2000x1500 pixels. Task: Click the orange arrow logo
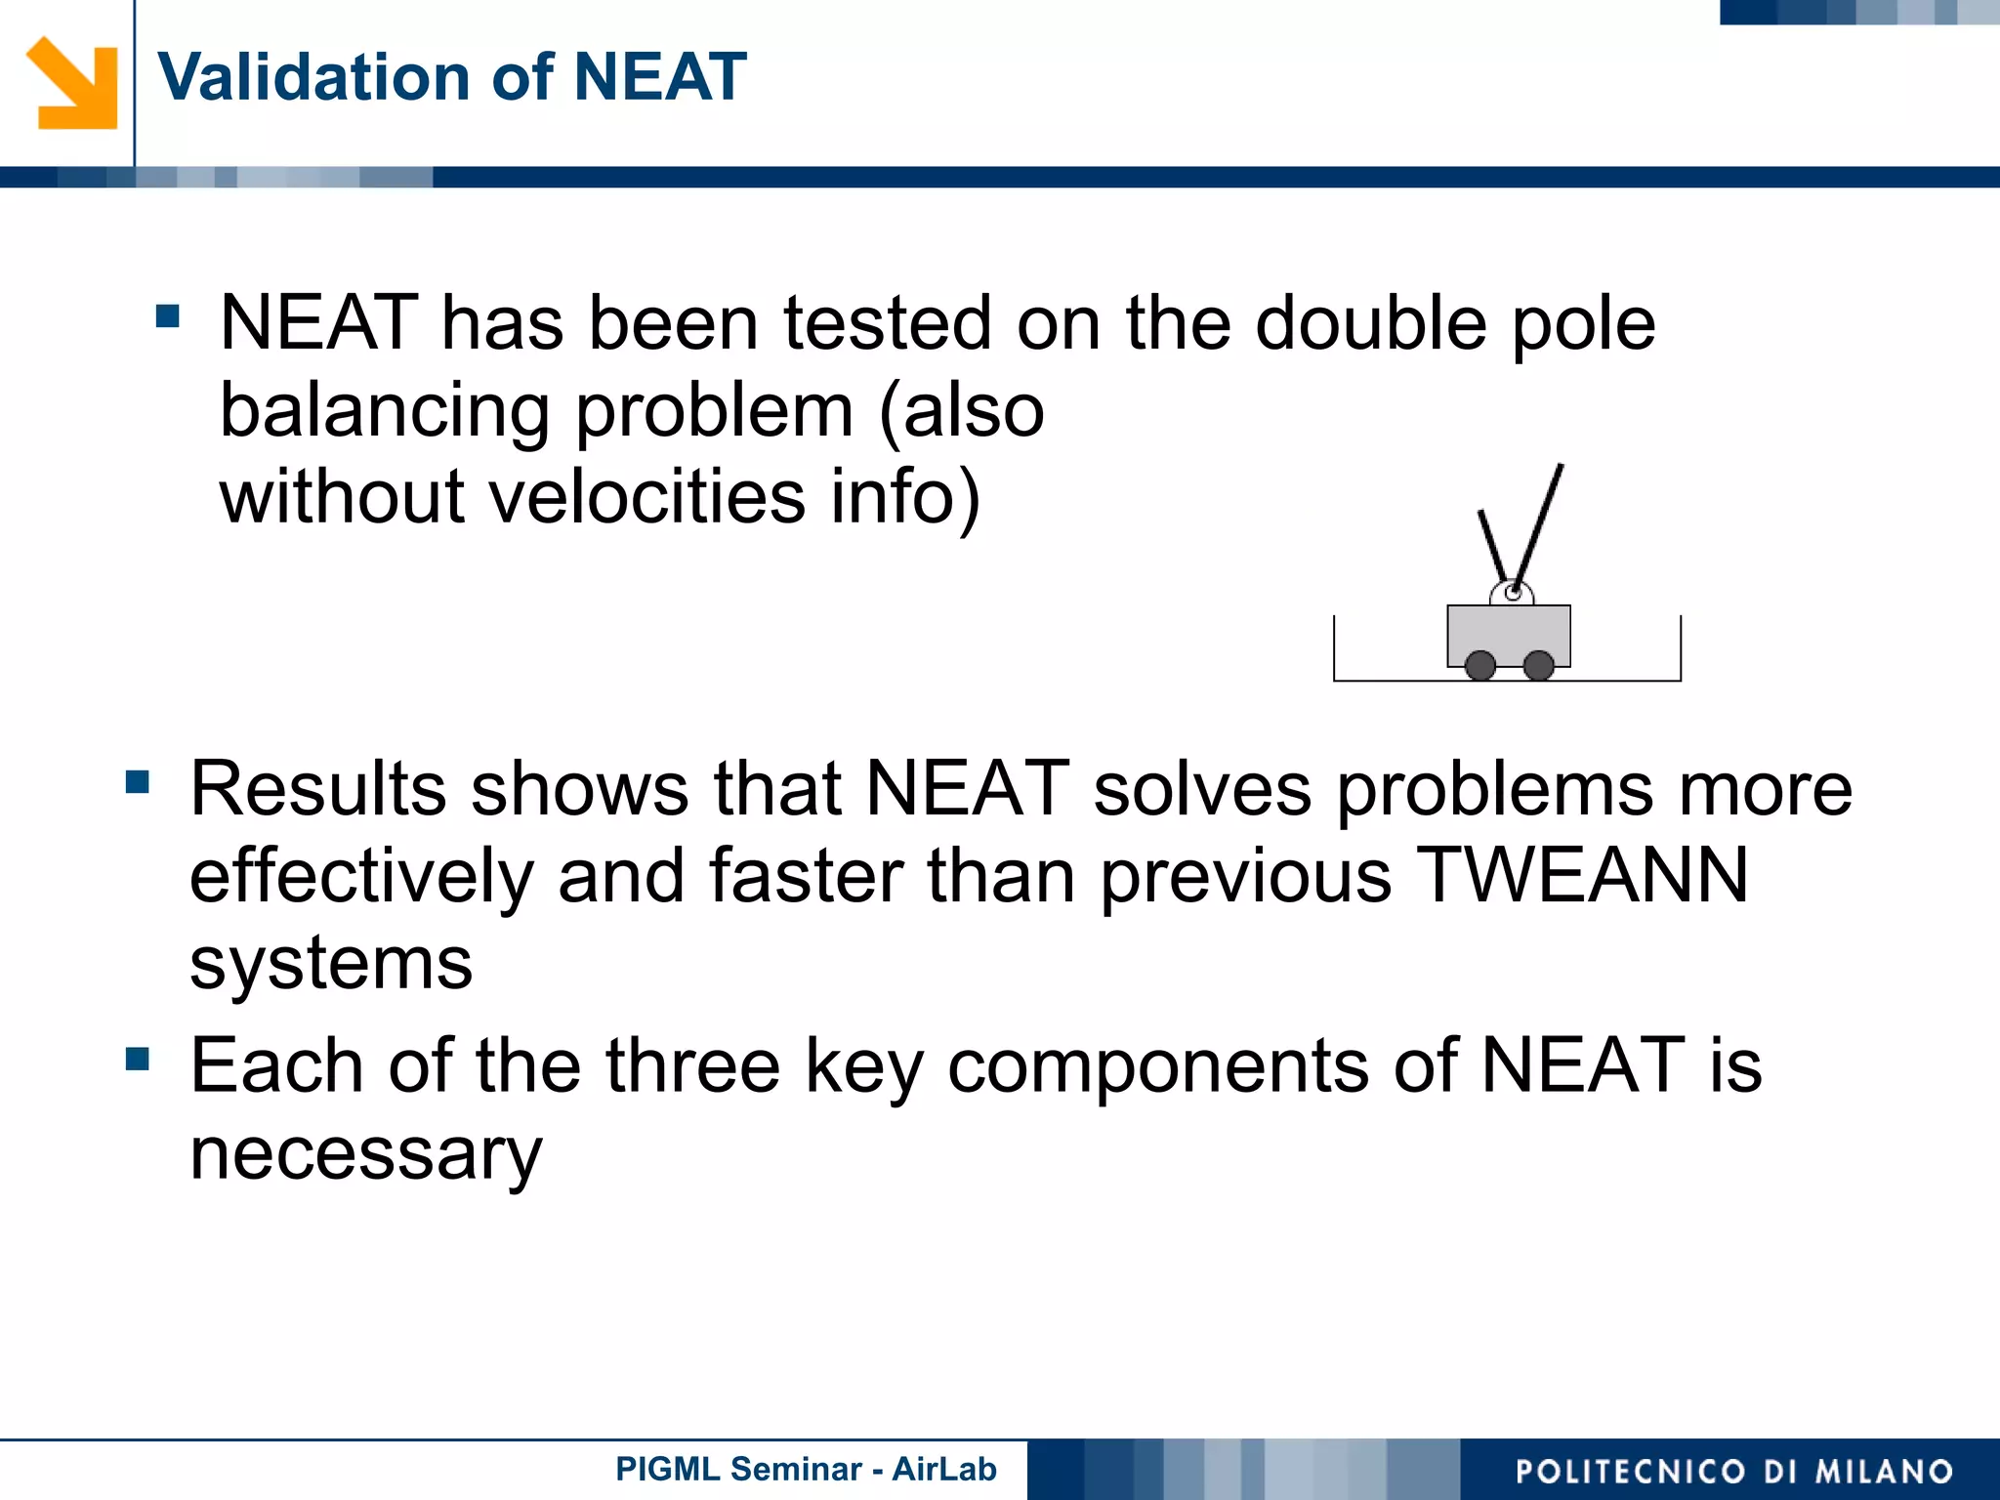72,83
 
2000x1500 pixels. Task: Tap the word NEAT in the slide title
660,77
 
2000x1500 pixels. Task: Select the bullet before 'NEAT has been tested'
168,315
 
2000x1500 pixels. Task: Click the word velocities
646,497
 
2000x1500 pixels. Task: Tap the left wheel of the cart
1480,666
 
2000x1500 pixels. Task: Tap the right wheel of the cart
1539,666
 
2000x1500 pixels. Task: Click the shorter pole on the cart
1494,545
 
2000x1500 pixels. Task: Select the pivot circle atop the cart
1513,593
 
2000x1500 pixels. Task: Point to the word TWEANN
1582,875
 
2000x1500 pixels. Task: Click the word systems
331,963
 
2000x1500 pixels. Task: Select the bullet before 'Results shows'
138,781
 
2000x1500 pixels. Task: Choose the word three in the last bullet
692,1065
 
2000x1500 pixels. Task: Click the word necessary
365,1154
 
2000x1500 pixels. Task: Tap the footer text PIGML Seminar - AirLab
806,1469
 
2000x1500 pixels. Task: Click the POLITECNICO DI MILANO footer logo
1733,1471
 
